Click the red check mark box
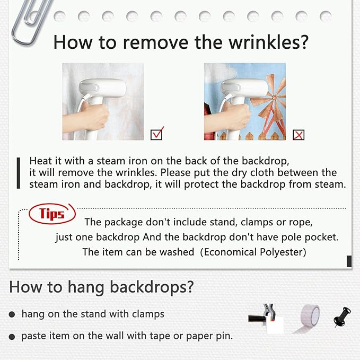(x=156, y=134)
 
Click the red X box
(x=298, y=135)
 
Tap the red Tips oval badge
(x=52, y=214)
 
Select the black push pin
(x=343, y=317)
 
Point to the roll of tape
(x=308, y=319)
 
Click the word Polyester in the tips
(x=283, y=252)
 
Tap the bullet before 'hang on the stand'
(x=12, y=314)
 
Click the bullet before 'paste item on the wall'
(x=12, y=337)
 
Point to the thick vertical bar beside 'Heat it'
(x=19, y=173)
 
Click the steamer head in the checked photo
(x=103, y=88)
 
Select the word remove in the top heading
(x=155, y=43)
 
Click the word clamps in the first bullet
(x=148, y=314)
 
